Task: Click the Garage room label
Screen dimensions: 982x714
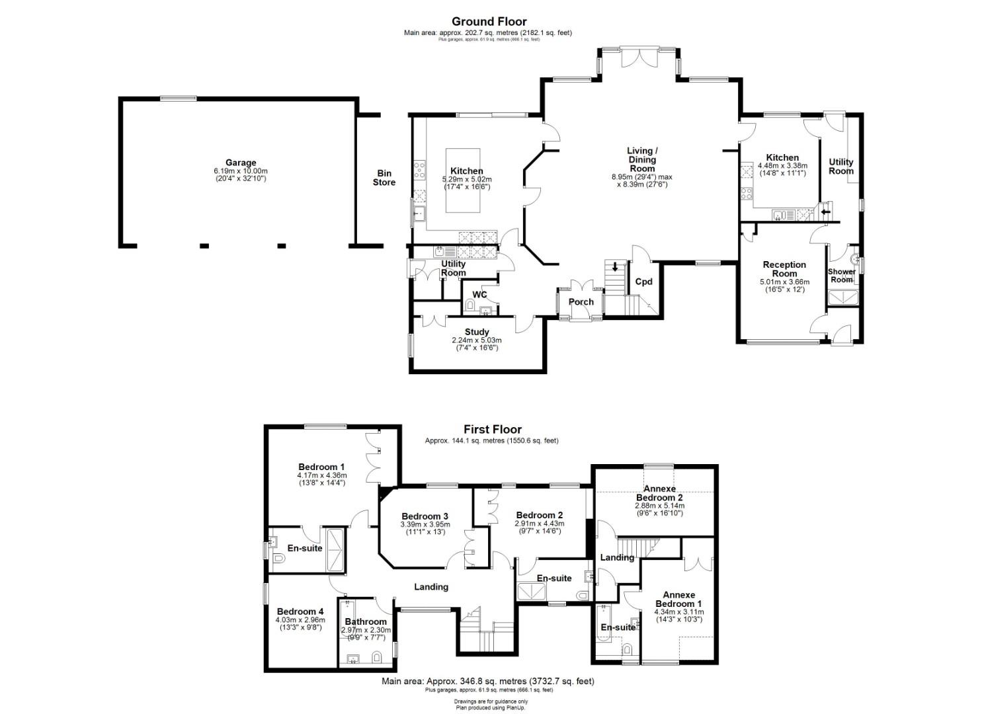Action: click(x=241, y=163)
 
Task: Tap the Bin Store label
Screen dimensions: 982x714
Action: click(x=384, y=178)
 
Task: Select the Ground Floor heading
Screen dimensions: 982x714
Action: click(x=489, y=21)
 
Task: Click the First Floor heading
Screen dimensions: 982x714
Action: click(x=493, y=429)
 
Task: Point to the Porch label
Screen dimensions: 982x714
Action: click(x=581, y=302)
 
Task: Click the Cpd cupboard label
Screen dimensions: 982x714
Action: click(x=643, y=282)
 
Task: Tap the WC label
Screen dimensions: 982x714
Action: click(x=479, y=295)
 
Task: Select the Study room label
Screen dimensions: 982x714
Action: click(x=477, y=333)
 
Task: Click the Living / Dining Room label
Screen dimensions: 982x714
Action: click(x=642, y=159)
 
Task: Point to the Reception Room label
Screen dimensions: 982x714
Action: click(x=784, y=269)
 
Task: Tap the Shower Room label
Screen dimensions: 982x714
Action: click(x=842, y=276)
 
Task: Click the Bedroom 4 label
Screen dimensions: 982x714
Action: click(x=300, y=612)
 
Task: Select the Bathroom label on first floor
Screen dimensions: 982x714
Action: click(x=366, y=621)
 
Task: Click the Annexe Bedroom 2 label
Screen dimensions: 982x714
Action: click(x=659, y=493)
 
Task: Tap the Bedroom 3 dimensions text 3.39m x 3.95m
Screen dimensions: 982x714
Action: click(x=425, y=524)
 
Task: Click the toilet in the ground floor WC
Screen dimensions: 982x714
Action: click(x=469, y=304)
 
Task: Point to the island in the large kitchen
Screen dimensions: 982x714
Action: click(x=463, y=180)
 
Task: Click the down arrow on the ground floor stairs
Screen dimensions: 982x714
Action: click(x=614, y=266)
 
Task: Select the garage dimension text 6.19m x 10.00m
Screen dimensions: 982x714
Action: click(x=241, y=171)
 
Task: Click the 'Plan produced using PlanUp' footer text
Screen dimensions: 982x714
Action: click(x=491, y=707)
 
